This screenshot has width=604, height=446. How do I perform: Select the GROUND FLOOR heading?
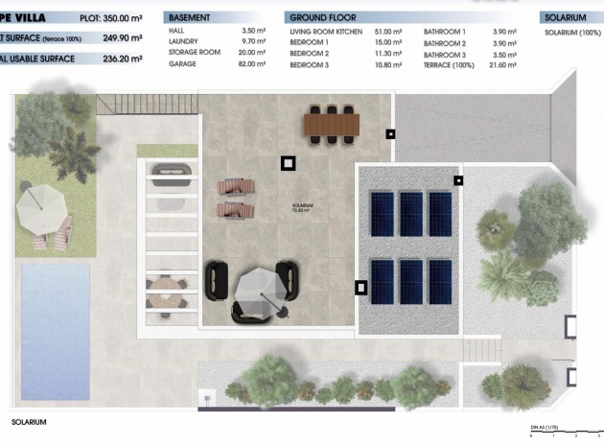click(x=322, y=17)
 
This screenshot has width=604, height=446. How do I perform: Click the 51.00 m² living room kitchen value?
click(x=386, y=32)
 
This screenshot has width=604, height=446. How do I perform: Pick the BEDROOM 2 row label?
click(x=309, y=53)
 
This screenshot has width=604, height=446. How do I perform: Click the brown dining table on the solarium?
click(x=330, y=124)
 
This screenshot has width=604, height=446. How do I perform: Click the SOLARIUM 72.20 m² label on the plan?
click(x=304, y=208)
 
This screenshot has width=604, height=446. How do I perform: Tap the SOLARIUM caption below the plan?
click(x=29, y=421)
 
